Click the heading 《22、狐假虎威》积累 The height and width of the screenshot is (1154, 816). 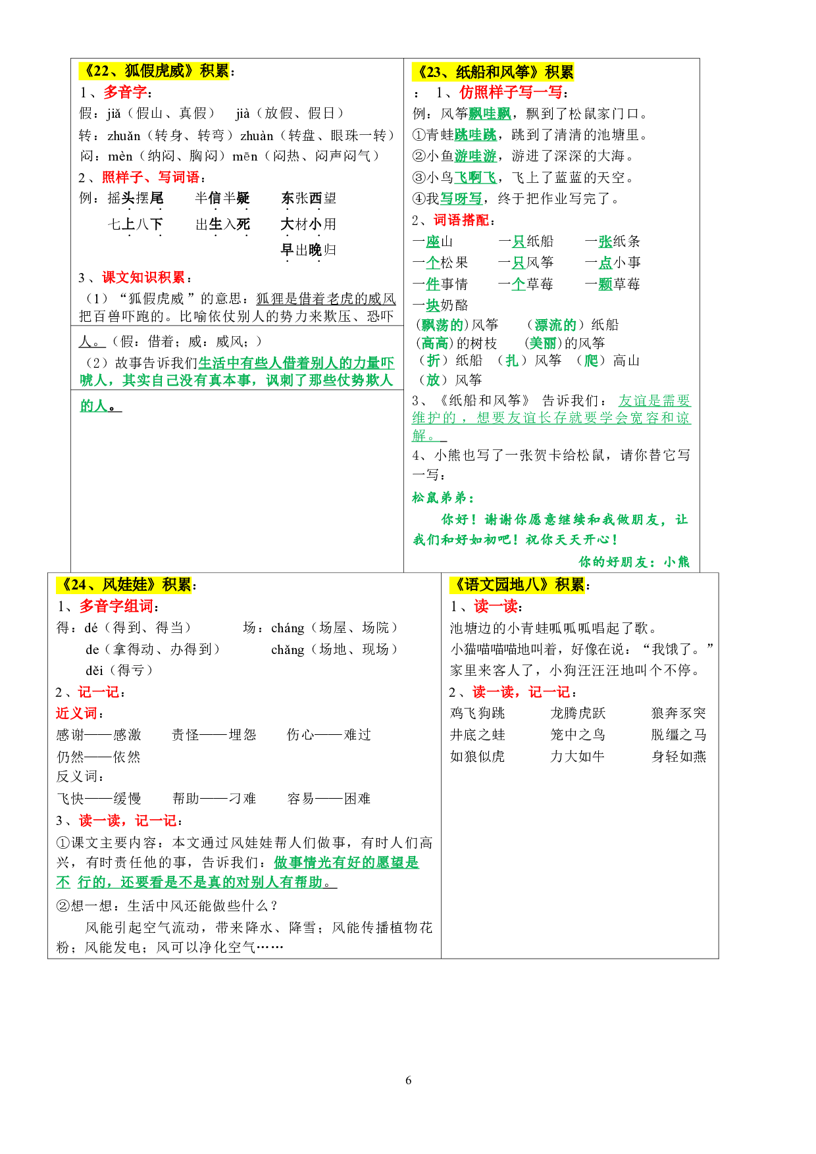(155, 71)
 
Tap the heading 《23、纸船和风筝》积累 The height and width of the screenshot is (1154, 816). (493, 72)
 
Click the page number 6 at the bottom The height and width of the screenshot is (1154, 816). (408, 1080)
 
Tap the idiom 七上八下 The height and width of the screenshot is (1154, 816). (135, 224)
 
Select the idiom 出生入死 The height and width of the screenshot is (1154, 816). (222, 224)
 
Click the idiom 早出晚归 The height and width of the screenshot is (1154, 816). (308, 250)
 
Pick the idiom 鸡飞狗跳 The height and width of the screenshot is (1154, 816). (477, 713)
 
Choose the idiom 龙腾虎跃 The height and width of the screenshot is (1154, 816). (577, 713)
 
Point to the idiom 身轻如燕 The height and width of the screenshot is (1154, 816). (678, 757)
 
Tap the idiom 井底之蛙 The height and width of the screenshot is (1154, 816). (477, 735)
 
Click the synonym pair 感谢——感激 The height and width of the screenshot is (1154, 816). (99, 735)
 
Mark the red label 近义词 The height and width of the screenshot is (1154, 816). (76, 713)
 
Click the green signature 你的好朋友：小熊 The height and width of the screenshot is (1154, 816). (634, 561)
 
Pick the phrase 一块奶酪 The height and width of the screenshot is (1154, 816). (440, 305)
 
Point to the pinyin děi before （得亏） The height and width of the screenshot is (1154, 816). (94, 670)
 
